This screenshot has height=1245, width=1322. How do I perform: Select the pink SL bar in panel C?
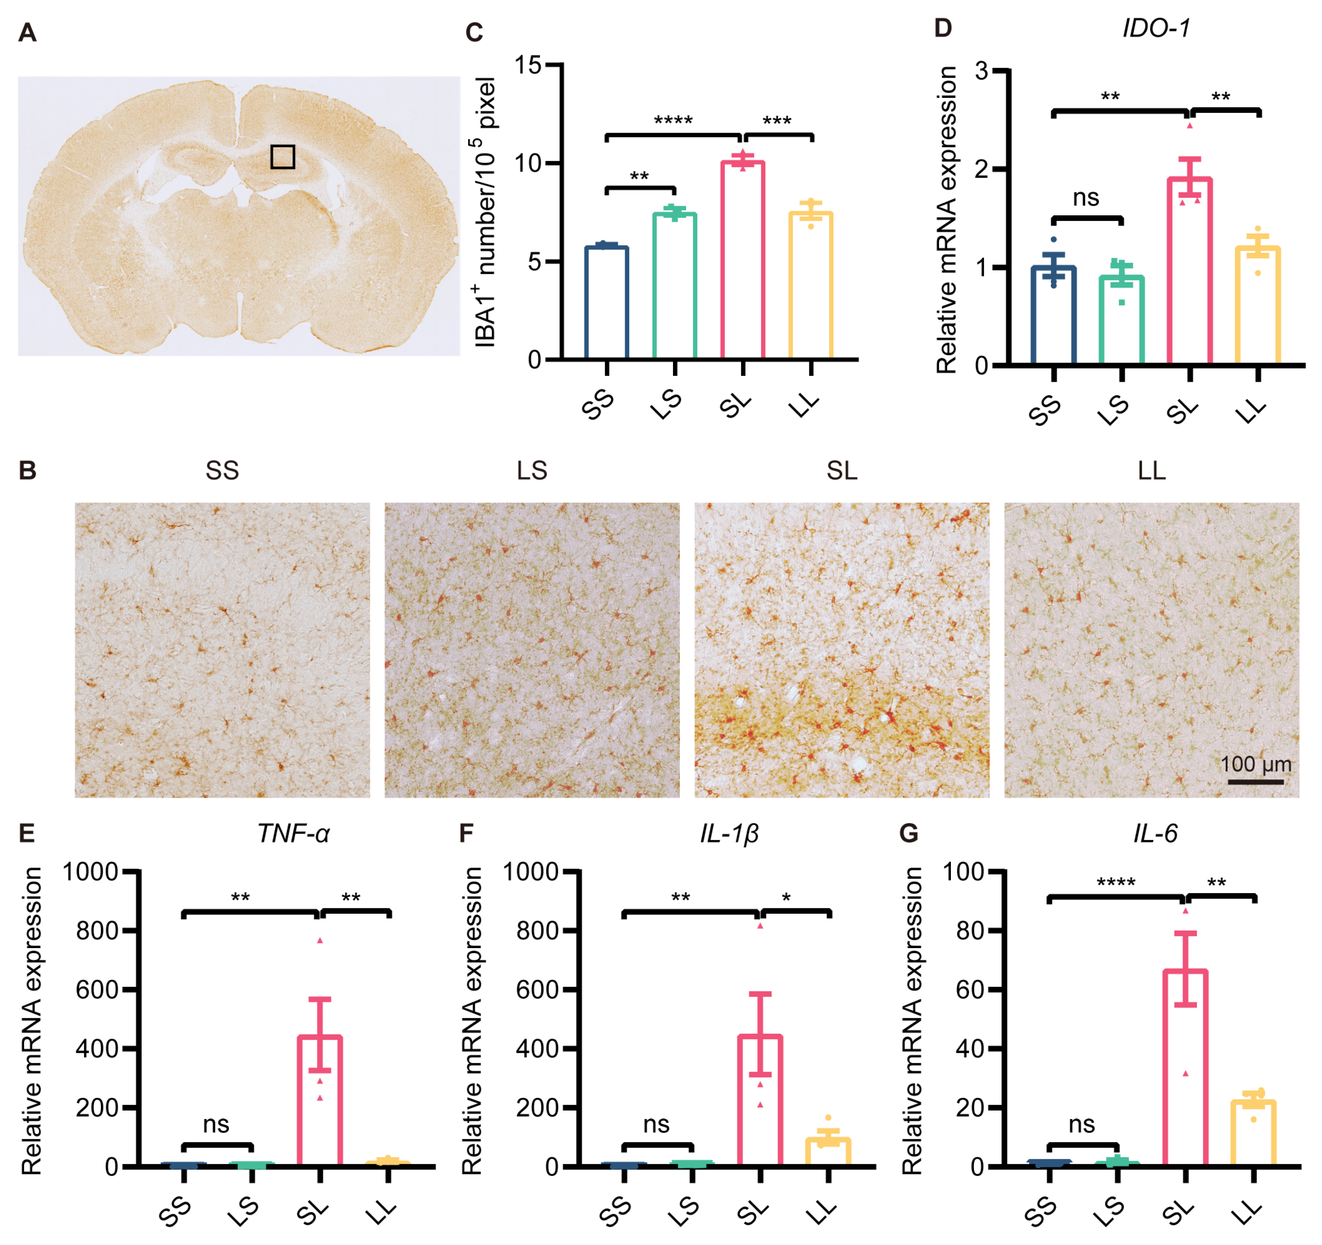pyautogui.click(x=743, y=259)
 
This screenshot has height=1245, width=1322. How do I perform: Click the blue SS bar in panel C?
pyautogui.click(x=607, y=303)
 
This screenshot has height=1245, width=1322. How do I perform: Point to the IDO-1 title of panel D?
pyautogui.click(x=1156, y=28)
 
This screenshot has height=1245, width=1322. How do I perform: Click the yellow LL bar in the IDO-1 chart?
pyautogui.click(x=1257, y=306)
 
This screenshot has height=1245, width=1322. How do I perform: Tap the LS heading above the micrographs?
pyautogui.click(x=532, y=471)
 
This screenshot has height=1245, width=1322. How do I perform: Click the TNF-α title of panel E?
pyautogui.click(x=293, y=833)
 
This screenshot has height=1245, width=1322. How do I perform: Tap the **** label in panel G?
pyautogui.click(x=1116, y=883)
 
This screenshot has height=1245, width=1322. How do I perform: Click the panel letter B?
pyautogui.click(x=27, y=470)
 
